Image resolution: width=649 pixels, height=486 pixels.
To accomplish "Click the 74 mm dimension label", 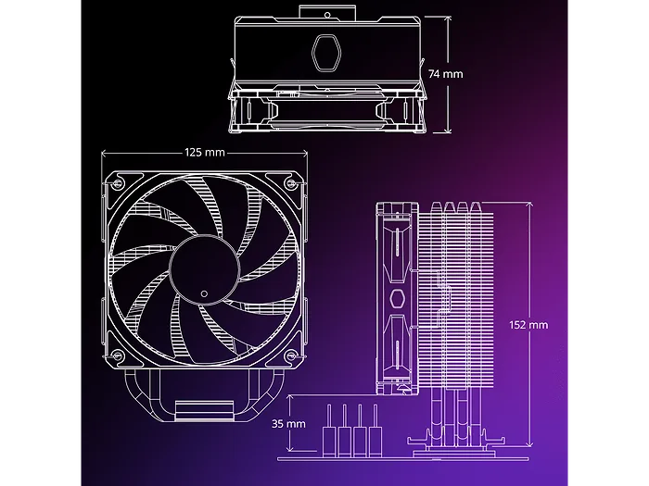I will (x=446, y=73).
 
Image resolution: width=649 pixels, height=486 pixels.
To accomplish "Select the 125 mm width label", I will (x=204, y=152).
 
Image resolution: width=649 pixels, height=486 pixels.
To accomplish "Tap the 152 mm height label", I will (x=529, y=325).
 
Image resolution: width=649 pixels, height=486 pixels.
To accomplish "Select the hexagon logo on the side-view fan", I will (x=397, y=297).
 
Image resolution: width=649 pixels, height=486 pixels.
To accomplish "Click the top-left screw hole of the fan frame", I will (x=114, y=183).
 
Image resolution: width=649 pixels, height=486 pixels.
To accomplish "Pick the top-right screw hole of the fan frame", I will (x=294, y=183).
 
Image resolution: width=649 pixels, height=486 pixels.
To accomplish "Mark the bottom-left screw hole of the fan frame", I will (x=114, y=356).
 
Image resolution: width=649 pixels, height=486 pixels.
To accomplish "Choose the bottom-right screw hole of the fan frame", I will (x=294, y=356).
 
